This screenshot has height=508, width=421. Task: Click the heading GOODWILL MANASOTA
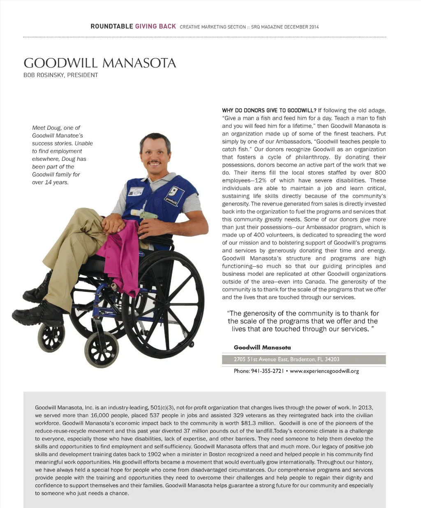pos(100,63)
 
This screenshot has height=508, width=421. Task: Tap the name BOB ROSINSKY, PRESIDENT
pos(61,75)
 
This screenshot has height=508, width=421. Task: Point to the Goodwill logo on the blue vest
pos(172,194)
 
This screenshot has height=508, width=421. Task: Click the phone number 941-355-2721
pos(267,371)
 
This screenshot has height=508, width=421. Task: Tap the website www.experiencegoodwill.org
pos(324,371)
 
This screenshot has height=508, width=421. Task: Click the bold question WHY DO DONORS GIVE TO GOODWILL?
pos(269,110)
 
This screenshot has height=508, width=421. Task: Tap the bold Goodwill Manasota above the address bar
pos(262,347)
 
